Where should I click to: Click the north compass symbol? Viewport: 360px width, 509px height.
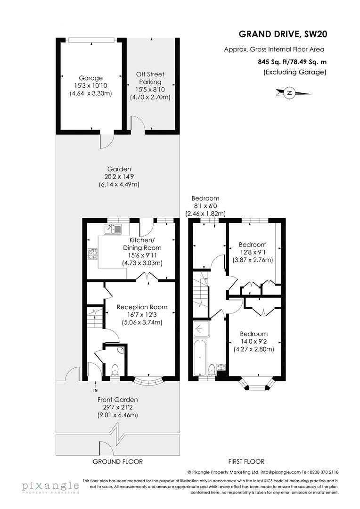(x=289, y=93)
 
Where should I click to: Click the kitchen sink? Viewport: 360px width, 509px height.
(x=113, y=230)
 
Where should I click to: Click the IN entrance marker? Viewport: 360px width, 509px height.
(x=95, y=390)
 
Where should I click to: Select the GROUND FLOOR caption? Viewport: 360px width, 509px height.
(x=118, y=461)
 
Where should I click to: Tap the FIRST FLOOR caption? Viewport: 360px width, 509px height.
(x=246, y=461)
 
